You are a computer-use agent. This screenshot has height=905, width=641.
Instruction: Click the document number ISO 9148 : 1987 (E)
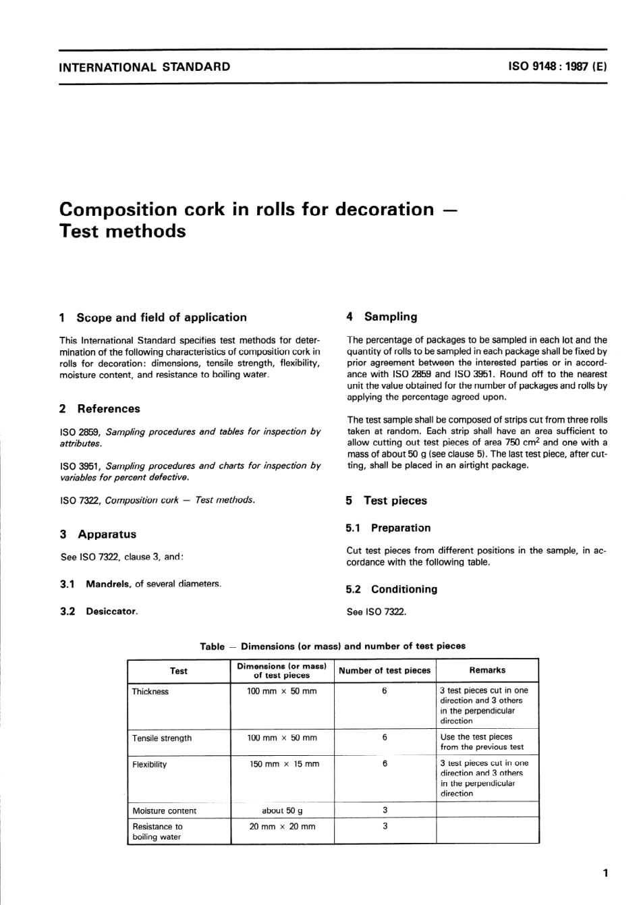click(x=557, y=67)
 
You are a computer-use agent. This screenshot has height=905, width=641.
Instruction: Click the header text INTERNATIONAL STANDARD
click(x=144, y=67)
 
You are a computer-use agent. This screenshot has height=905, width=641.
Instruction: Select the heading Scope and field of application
click(x=161, y=317)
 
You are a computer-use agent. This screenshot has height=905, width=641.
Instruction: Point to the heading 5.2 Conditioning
click(x=391, y=589)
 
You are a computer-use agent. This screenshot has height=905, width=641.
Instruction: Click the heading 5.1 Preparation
click(x=388, y=528)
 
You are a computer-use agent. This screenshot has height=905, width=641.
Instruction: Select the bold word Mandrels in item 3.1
click(x=108, y=584)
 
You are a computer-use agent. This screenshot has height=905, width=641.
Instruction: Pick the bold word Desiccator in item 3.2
click(x=111, y=611)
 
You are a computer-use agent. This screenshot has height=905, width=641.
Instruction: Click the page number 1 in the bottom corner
click(x=605, y=873)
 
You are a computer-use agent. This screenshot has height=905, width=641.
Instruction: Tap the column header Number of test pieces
click(x=384, y=670)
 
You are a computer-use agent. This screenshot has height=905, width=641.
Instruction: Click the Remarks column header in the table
click(x=486, y=670)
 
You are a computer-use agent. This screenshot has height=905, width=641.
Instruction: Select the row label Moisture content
click(x=164, y=811)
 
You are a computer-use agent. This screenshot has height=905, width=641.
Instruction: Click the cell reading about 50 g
click(x=282, y=811)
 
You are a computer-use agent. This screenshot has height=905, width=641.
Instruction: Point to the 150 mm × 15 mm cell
click(x=282, y=764)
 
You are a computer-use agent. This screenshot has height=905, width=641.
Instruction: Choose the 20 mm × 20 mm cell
click(x=282, y=826)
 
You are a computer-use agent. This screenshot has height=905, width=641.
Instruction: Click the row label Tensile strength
click(x=162, y=738)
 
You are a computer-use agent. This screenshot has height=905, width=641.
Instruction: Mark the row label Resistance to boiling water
click(x=157, y=831)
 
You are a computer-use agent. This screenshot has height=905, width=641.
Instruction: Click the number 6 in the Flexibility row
click(x=385, y=764)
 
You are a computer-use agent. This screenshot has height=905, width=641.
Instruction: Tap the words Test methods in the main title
click(x=122, y=231)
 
